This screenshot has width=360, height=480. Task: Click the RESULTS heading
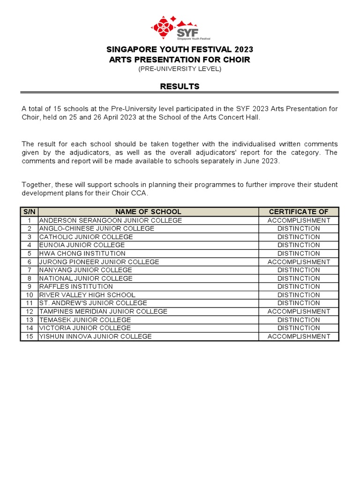coord(180,86)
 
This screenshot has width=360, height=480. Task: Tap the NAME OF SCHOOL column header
coord(148,212)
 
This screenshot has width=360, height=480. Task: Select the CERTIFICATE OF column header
coord(299,212)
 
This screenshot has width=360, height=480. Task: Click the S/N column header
coord(29,212)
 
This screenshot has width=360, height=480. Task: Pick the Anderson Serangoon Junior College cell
coord(111,220)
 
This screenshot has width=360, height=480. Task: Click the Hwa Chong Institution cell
coord(82,254)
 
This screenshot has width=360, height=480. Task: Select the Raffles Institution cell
coord(76,286)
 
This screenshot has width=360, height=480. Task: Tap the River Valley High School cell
coord(87,295)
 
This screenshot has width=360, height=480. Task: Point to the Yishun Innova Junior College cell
coord(96,337)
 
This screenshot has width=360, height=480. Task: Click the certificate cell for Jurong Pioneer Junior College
coord(299,262)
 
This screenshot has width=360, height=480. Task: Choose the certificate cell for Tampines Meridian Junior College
coord(299,311)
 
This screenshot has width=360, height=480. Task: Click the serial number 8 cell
coord(29,278)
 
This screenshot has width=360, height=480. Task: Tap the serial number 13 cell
coord(29,320)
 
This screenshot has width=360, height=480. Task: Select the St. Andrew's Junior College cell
coord(93,303)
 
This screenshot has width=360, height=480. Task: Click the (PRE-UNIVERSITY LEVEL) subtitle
coord(180,69)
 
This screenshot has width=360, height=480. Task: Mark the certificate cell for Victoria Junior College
coord(299,328)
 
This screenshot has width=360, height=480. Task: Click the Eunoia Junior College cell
coord(82,245)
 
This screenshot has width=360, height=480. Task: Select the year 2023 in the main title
coord(242,50)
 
